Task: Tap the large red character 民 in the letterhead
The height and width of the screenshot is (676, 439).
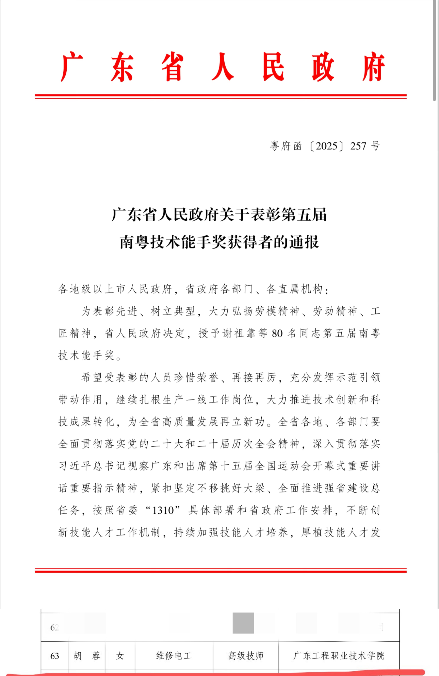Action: pyautogui.click(x=273, y=67)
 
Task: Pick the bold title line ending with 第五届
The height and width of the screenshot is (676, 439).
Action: pyautogui.click(x=219, y=215)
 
